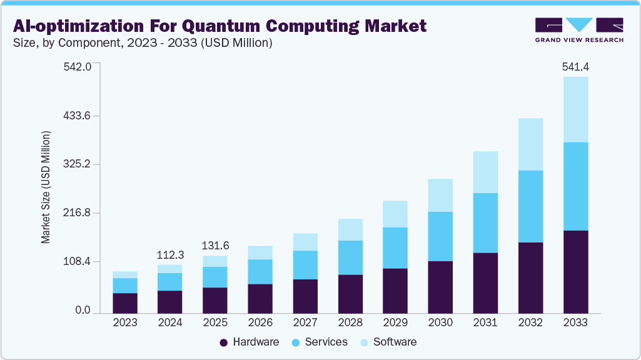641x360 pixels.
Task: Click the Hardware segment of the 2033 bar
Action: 575,272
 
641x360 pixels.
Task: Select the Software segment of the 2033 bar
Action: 575,109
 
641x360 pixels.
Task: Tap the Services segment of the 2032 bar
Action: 530,206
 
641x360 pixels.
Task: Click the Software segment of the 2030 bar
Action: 440,195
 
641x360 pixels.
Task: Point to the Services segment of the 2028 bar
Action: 350,257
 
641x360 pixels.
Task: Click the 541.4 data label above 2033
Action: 575,66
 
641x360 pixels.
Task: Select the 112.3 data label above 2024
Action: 170,254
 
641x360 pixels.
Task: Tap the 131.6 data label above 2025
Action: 215,246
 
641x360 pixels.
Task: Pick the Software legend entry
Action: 387,342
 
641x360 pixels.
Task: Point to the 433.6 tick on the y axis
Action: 78,116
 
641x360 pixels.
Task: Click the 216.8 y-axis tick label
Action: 78,213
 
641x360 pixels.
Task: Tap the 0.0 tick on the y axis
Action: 83,311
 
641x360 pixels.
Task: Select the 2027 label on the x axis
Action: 305,322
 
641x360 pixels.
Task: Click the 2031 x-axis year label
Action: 485,322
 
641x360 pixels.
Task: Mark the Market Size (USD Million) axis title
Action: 46,187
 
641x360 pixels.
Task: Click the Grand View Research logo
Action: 578,29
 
